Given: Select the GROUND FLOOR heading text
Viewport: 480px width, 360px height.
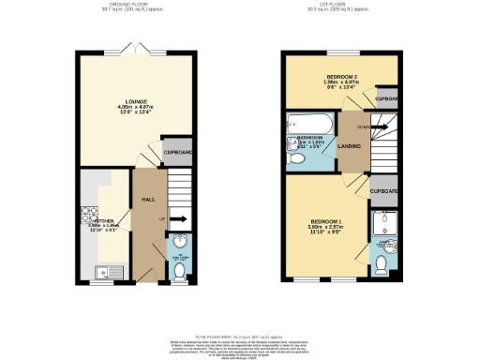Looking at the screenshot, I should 133,5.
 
